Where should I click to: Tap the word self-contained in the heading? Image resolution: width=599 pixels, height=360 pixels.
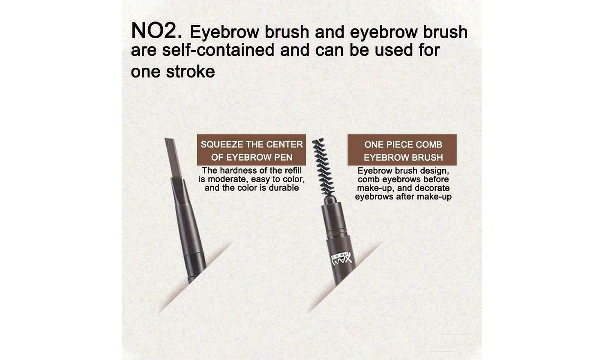tap(218, 50)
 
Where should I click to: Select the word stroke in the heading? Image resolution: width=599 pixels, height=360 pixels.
tap(190, 72)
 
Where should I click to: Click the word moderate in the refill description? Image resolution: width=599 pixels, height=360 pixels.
tap(225, 179)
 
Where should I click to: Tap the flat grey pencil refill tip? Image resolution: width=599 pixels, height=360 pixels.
tap(173, 158)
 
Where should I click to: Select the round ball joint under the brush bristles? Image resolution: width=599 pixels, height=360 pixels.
tap(330, 200)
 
